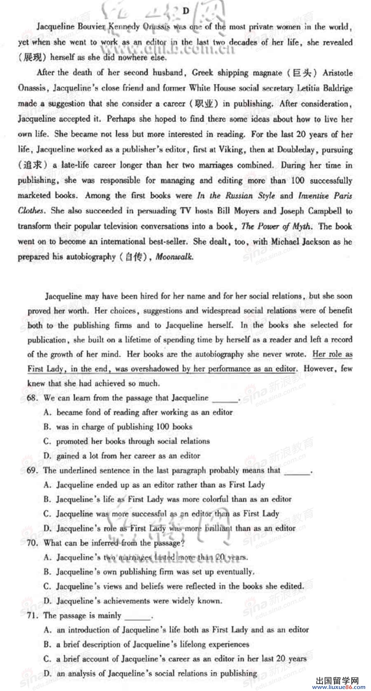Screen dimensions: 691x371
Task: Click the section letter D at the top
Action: click(x=185, y=11)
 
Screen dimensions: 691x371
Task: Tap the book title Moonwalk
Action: click(x=174, y=257)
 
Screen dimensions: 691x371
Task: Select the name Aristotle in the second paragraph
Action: click(x=338, y=73)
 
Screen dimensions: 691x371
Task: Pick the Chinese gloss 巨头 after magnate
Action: click(x=301, y=73)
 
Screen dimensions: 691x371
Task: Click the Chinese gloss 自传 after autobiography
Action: click(x=136, y=257)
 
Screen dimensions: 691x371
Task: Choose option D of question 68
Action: click(x=48, y=456)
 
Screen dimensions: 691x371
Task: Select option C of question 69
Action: click(x=48, y=514)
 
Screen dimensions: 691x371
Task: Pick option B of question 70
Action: click(x=48, y=572)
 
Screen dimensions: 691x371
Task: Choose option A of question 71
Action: click(x=48, y=630)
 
